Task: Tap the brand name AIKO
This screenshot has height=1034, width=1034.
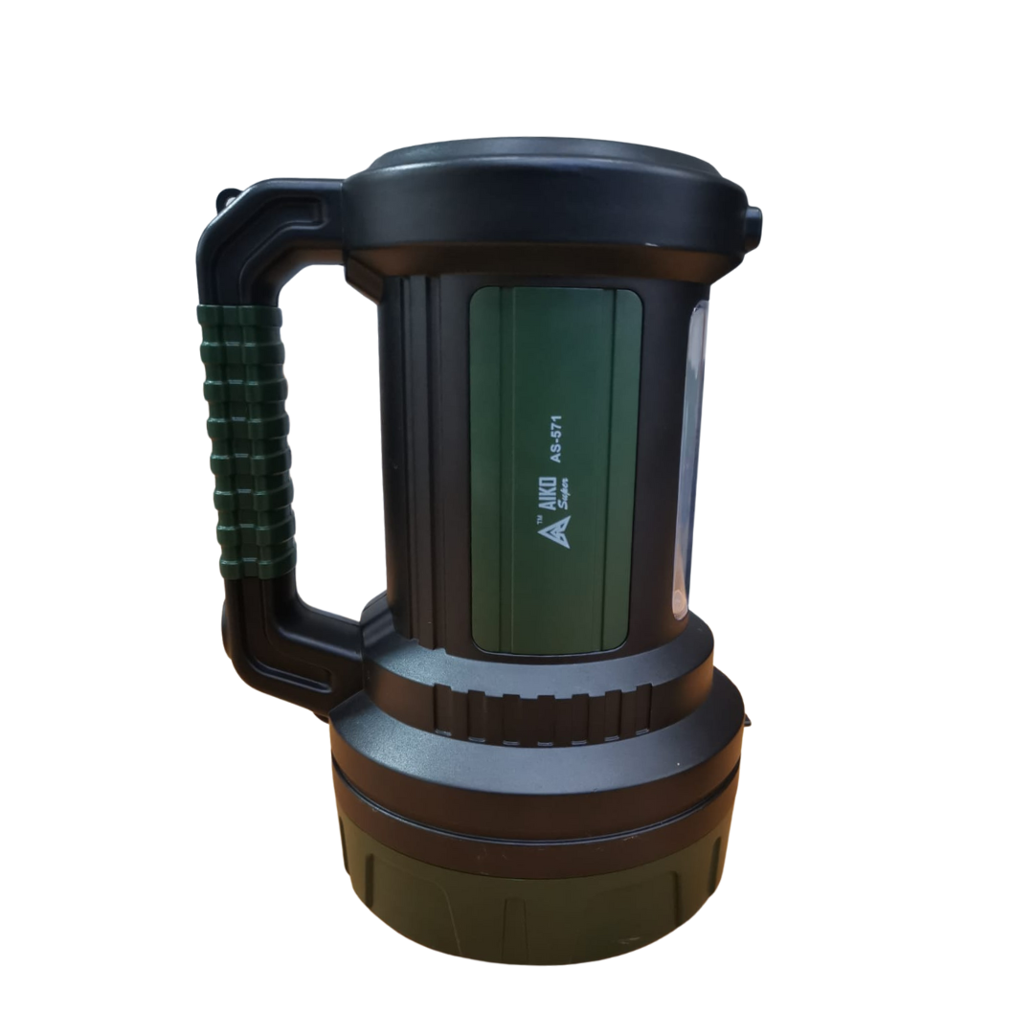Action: click(545, 496)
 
